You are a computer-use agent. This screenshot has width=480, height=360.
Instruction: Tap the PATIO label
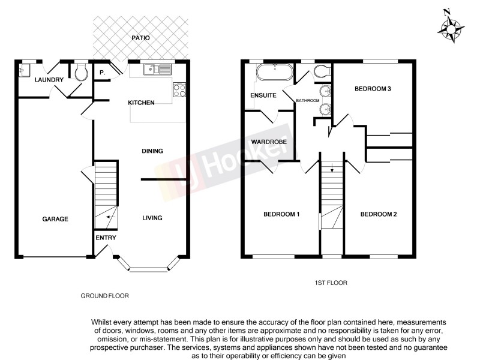141,38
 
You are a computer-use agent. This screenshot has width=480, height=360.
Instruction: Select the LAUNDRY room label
49,80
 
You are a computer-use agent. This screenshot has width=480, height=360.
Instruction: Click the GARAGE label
55,219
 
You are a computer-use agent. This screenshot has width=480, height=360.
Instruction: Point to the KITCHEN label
142,103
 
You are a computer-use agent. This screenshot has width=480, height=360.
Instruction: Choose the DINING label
152,151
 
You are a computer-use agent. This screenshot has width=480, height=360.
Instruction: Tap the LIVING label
152,218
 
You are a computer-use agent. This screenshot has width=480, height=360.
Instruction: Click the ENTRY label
105,238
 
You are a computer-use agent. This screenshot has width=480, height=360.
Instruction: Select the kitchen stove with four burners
179,91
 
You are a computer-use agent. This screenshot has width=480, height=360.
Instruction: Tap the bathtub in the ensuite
274,74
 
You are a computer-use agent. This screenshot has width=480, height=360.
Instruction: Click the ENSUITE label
263,95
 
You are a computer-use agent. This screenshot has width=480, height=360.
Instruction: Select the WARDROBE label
268,142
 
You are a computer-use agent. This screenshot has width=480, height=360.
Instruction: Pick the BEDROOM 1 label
282,214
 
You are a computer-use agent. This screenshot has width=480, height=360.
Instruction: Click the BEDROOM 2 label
379,214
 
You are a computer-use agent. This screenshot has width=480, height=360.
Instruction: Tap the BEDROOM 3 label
373,89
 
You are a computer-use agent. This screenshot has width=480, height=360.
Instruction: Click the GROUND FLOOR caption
104,296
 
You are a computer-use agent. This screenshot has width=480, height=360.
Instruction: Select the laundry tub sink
23,70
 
